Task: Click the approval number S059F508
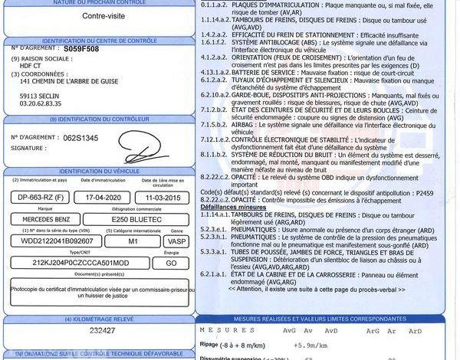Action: [81, 47]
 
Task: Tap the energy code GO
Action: [171, 262]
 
